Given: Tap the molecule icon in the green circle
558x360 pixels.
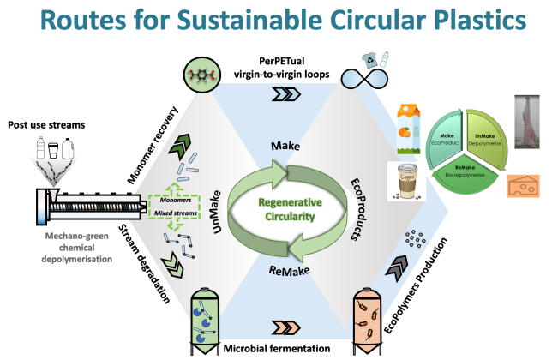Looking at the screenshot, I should [201, 78].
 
